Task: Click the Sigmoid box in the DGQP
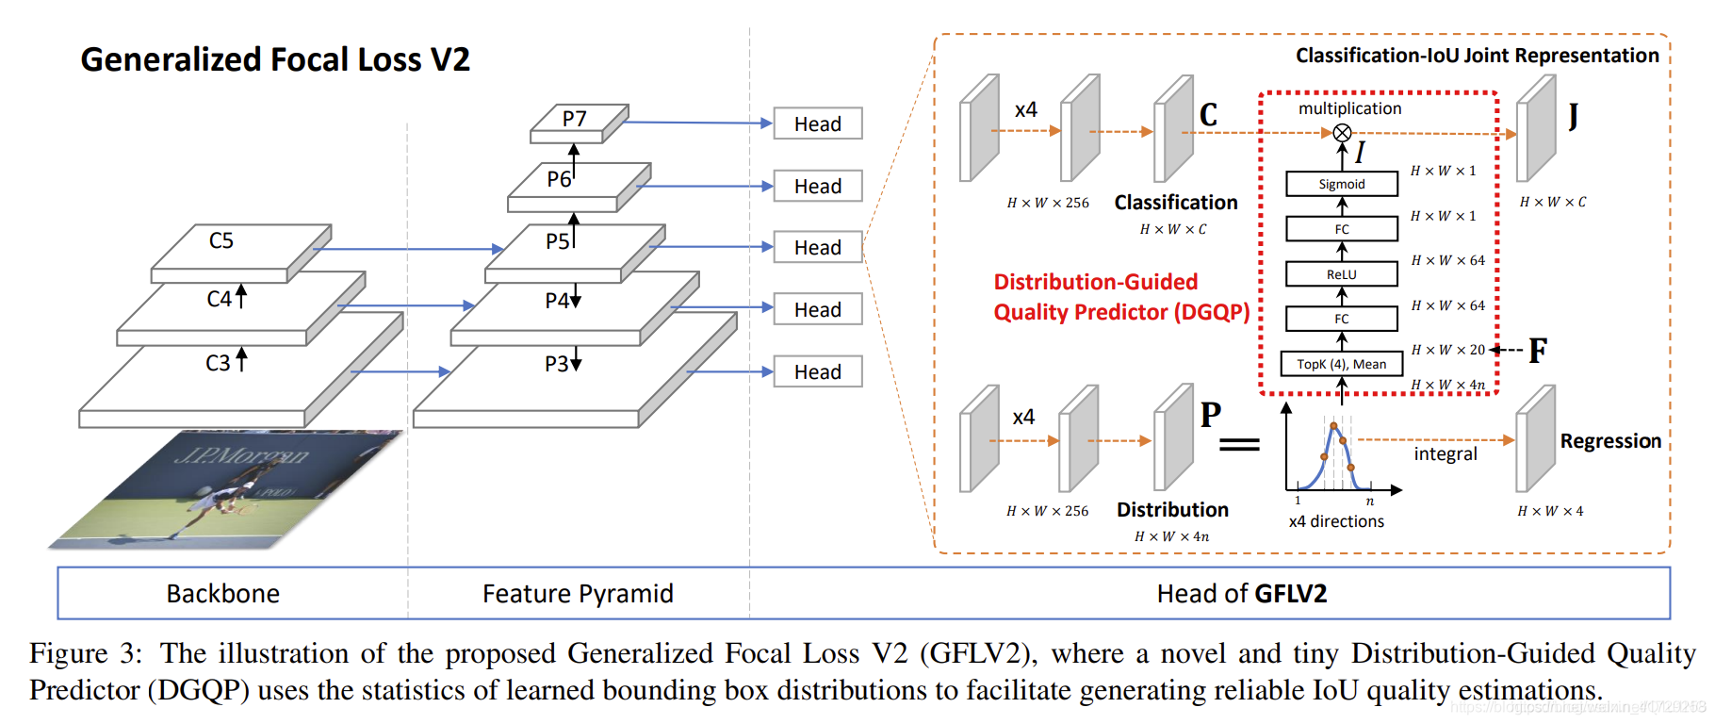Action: tap(1341, 184)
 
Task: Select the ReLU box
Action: tap(1341, 274)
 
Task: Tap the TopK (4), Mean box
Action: tap(1341, 364)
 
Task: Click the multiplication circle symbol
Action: tap(1342, 133)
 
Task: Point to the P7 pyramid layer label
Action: tap(574, 119)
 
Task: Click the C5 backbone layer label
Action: tap(220, 241)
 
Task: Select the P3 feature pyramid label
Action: tap(557, 364)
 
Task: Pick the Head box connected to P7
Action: tap(817, 123)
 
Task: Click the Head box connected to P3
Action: tap(817, 371)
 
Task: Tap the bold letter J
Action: tap(1573, 117)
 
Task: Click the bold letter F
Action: tap(1538, 351)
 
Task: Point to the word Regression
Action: tap(1609, 441)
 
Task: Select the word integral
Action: tap(1445, 454)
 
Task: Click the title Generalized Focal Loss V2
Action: tap(274, 59)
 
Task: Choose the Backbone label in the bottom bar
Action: tap(223, 593)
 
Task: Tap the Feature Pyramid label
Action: tap(578, 593)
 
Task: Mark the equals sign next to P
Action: tap(1239, 444)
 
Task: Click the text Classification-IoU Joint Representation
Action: tap(1477, 56)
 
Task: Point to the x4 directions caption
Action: tap(1336, 521)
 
